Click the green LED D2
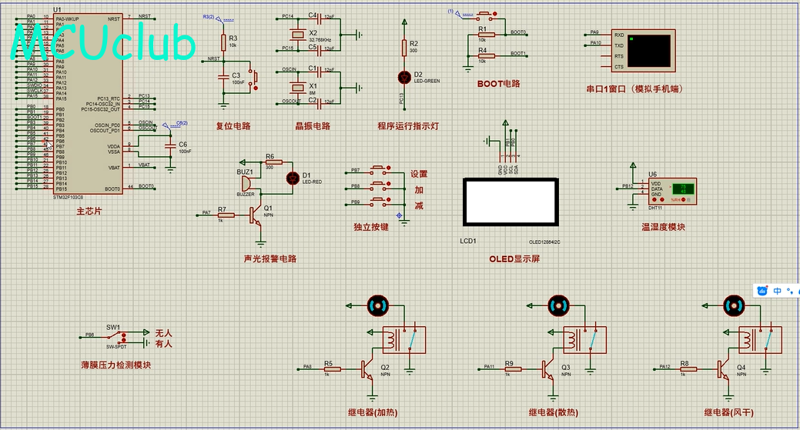pyautogui.click(x=403, y=76)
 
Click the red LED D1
pyautogui.click(x=292, y=178)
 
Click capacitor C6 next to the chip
pyautogui.click(x=170, y=146)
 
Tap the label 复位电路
pyautogui.click(x=233, y=125)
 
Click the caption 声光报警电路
pyautogui.click(x=269, y=258)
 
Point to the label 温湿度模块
pyautogui.click(x=663, y=227)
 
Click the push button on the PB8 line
pyautogui.click(x=379, y=185)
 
